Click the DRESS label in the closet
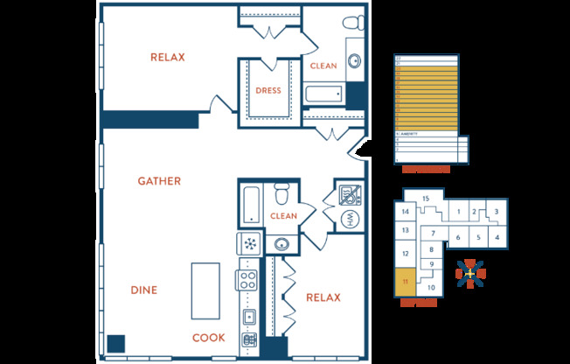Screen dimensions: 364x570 (x=268, y=90)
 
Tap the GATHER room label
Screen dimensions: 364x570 (x=159, y=181)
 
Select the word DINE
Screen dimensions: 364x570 (x=144, y=290)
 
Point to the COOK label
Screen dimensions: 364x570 (x=209, y=338)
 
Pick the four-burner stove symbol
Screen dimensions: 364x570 (x=248, y=282)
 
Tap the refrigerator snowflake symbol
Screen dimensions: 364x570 (x=249, y=243)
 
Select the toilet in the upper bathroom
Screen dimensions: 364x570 (x=353, y=26)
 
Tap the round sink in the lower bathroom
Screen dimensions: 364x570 (x=282, y=243)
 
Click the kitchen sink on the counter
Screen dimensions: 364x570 (x=248, y=317)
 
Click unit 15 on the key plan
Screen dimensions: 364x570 (x=426, y=199)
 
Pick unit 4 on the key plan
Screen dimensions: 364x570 (x=497, y=236)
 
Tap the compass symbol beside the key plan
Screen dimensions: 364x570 (x=469, y=274)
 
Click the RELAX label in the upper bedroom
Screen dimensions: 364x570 (x=168, y=58)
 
